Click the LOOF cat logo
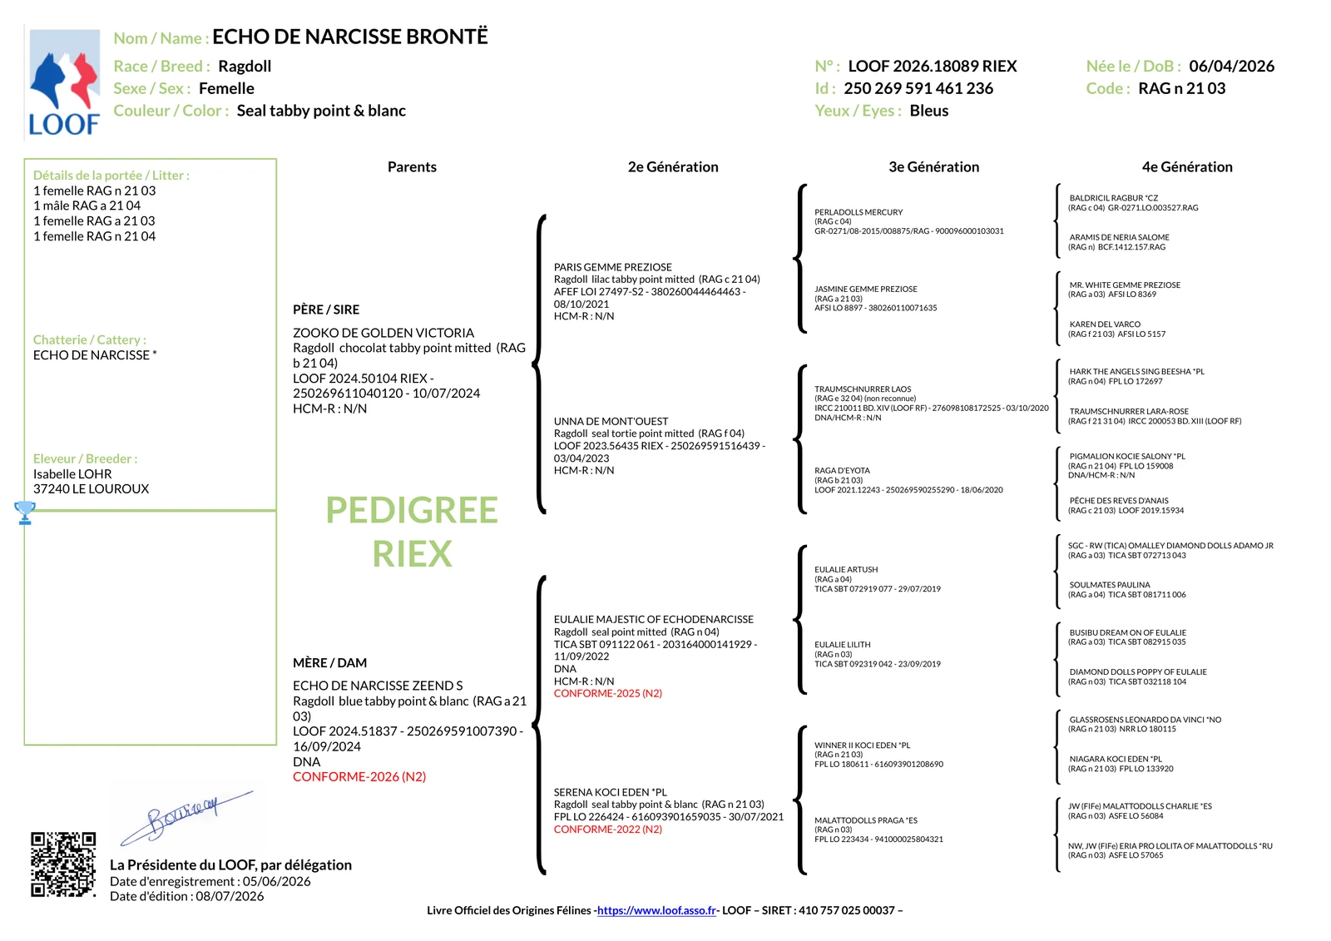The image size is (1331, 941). [64, 82]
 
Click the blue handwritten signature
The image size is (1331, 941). [186, 818]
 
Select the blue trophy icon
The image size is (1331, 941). [24, 513]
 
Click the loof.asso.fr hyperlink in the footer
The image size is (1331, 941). [656, 910]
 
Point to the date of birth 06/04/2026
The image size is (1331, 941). [1231, 66]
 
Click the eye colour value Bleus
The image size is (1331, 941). [928, 111]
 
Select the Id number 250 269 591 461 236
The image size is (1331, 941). [918, 88]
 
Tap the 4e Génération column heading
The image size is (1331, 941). [1186, 167]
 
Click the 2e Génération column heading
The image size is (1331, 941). [673, 167]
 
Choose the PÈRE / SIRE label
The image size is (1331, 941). [325, 310]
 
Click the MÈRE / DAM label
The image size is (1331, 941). [329, 663]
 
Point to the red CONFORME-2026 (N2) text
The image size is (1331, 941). [359, 777]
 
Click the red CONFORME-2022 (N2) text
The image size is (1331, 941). [607, 830]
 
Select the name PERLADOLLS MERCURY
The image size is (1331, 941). [858, 212]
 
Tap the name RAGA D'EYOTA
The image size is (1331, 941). [842, 470]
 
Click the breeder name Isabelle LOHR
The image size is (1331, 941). [72, 473]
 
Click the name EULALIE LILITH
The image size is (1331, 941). [842, 644]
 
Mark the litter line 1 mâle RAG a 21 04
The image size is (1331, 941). [87, 206]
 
